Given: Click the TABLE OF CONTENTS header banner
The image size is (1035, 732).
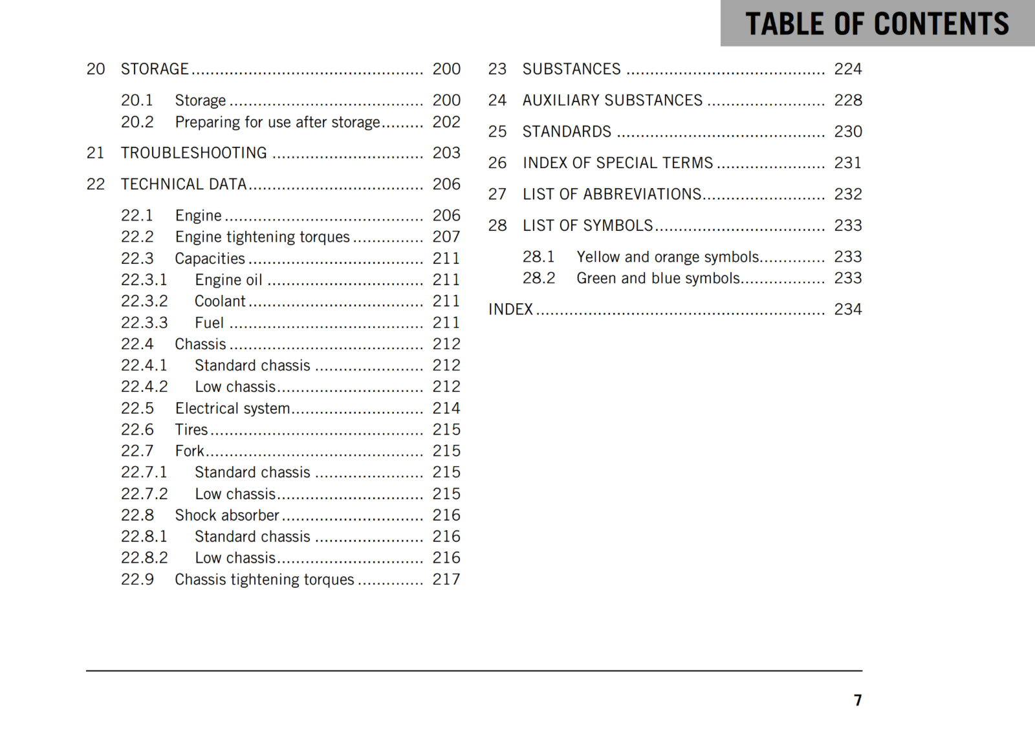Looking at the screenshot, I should (877, 24).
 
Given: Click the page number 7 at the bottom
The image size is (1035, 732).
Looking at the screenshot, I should (857, 700).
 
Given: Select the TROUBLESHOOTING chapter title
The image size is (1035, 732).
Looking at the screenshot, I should (193, 153).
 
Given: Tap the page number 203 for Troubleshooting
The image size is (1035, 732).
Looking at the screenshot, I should (446, 153).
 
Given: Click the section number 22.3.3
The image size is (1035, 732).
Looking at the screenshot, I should (144, 323).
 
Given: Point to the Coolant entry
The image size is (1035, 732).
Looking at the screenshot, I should (220, 301).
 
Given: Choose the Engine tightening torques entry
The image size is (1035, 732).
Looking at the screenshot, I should (262, 237).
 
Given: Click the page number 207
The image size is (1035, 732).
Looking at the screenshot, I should (446, 237).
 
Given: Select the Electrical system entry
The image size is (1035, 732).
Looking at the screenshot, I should (232, 409).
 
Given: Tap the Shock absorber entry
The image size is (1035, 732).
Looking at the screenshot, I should (227, 515).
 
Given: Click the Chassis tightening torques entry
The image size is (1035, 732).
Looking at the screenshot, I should (265, 579).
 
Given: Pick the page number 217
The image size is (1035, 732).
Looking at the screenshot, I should (446, 579).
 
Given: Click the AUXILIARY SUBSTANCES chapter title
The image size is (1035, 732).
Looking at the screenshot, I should (612, 100).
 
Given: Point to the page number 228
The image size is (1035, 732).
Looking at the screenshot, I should (848, 100).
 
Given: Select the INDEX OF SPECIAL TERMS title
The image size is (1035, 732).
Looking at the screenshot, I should (618, 163).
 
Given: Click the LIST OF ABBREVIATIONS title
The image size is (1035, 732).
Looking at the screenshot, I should (612, 194).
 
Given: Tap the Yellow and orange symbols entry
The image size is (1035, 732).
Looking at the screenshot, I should (668, 257).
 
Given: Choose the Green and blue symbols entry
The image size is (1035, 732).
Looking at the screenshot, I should (658, 279).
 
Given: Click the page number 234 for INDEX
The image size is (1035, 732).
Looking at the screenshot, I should (848, 310).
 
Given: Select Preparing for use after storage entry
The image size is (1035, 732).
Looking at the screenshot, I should (278, 122).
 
